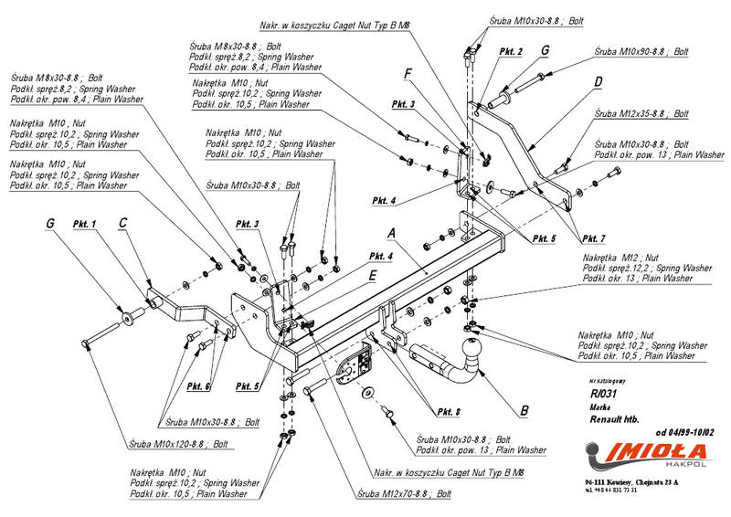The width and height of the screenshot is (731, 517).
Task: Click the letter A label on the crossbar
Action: click(392, 231)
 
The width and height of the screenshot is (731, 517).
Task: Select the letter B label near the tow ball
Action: click(524, 411)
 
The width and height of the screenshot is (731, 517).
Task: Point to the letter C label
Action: click(123, 220)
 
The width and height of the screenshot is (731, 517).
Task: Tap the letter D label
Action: click(598, 82)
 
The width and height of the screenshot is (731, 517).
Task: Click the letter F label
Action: click(408, 72)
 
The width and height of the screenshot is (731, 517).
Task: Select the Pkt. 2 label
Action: click(511, 52)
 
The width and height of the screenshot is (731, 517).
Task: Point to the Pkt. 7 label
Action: click(590, 238)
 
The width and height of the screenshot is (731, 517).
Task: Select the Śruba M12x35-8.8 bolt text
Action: click(641, 115)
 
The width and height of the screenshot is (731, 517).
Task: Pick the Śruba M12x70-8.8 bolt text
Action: click(405, 493)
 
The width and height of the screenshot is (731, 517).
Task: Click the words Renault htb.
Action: click(611, 416)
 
